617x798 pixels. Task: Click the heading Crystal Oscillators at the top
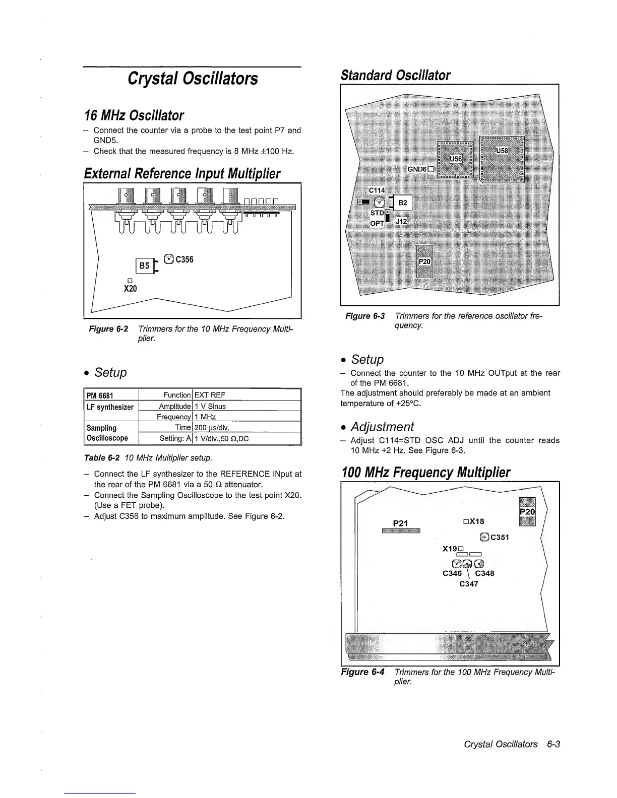pos(193,79)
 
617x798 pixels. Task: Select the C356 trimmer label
pos(184,259)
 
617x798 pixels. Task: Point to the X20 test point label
pos(130,289)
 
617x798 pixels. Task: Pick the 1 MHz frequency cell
pos(205,417)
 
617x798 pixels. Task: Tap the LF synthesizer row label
pos(110,407)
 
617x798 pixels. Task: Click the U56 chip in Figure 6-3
pos(455,159)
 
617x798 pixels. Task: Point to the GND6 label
pos(417,169)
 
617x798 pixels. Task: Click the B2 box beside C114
pos(403,203)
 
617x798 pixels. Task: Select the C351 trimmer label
pos(500,537)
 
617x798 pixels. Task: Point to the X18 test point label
pos(476,521)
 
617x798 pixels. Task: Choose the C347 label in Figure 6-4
pos(469,584)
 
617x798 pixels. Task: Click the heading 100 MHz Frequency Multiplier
pos(426,473)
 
